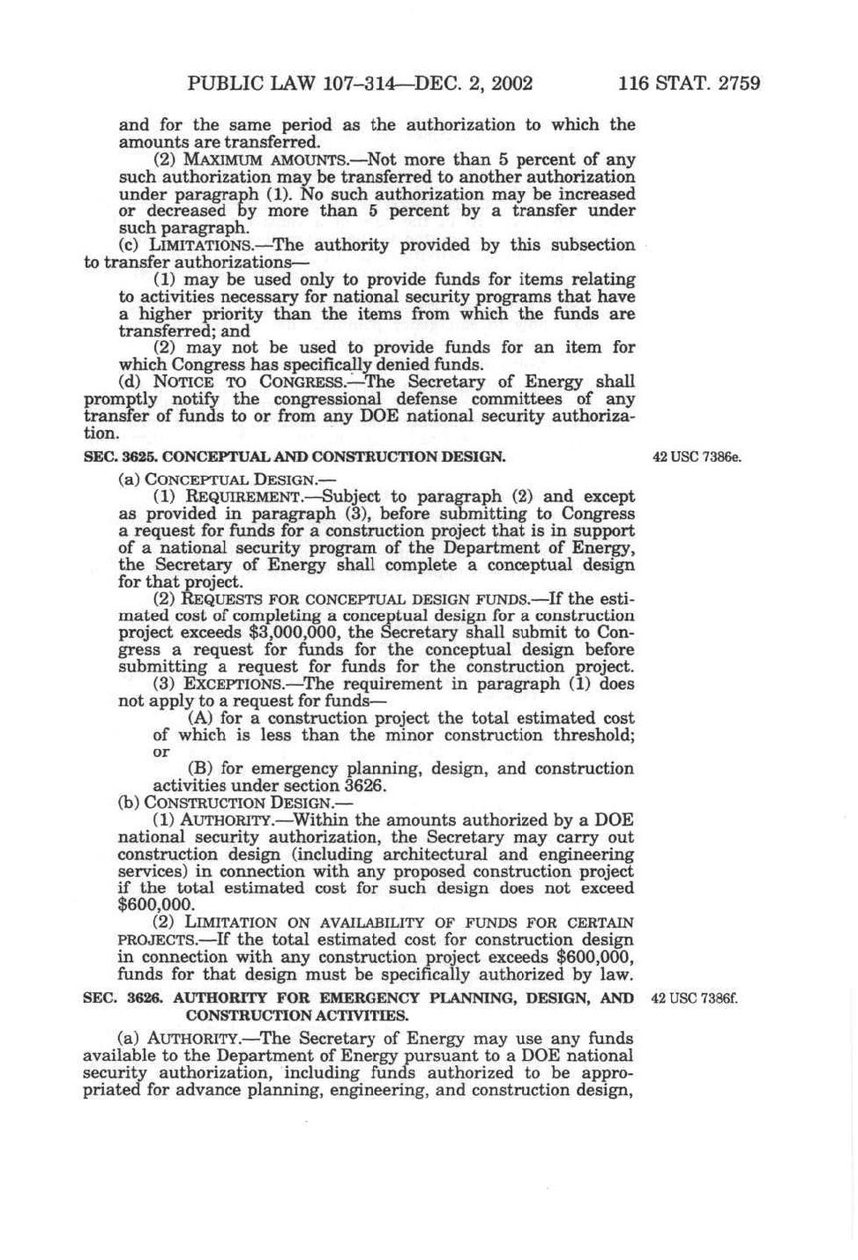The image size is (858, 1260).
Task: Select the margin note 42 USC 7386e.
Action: coord(697,457)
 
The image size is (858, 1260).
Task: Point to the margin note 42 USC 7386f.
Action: coord(693,998)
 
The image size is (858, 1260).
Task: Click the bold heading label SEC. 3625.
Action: coord(119,457)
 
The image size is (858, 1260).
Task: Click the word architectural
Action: coord(423,855)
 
